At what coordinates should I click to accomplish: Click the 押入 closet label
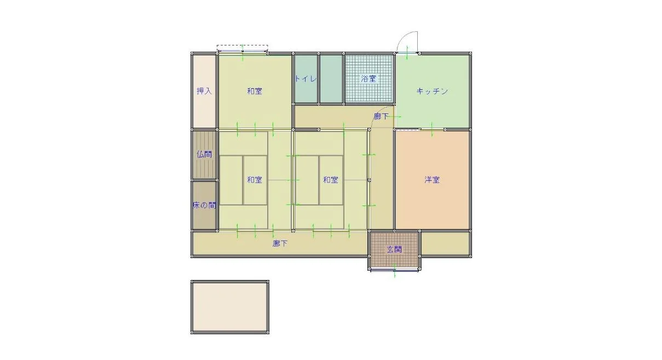[204, 91]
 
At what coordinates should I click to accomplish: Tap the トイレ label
[306, 79]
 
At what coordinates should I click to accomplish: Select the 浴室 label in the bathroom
[369, 79]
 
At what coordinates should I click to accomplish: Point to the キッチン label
[432, 91]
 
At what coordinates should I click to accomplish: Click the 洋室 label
[432, 180]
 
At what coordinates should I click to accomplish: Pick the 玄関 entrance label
[394, 249]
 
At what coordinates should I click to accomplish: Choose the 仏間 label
[204, 155]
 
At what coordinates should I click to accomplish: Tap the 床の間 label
[204, 205]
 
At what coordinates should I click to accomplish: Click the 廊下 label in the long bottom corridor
[280, 243]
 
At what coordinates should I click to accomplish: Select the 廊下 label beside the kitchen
[381, 117]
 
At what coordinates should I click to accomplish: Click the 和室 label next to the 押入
[255, 91]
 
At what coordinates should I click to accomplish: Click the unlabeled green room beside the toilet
[331, 79]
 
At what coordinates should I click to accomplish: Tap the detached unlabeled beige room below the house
[230, 307]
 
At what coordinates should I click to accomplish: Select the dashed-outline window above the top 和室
[243, 49]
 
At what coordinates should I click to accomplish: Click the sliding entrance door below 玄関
[394, 270]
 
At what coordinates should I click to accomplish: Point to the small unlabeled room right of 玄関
[445, 243]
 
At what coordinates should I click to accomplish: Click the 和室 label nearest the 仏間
[255, 180]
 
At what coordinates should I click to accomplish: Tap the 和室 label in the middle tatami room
[330, 180]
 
